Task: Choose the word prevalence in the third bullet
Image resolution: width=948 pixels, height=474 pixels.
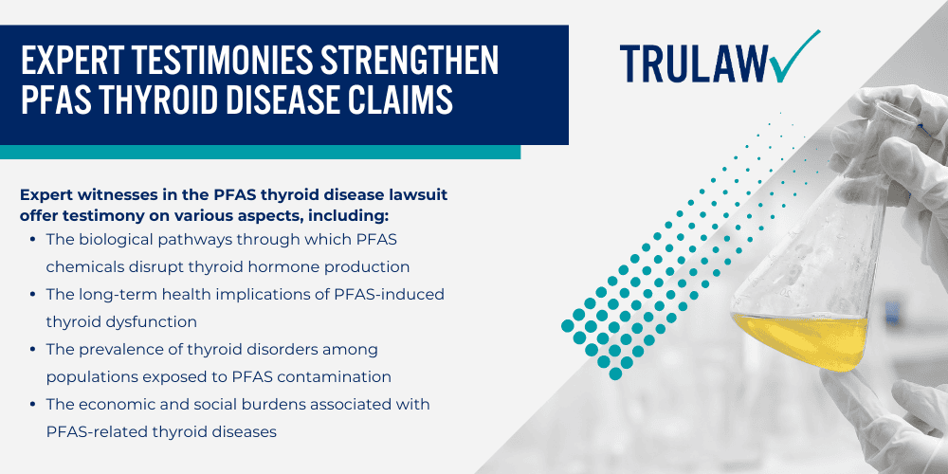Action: pos(123,349)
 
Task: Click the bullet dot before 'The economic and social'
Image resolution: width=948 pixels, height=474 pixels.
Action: pos(34,405)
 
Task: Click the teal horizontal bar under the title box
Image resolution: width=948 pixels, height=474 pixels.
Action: pos(260,152)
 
